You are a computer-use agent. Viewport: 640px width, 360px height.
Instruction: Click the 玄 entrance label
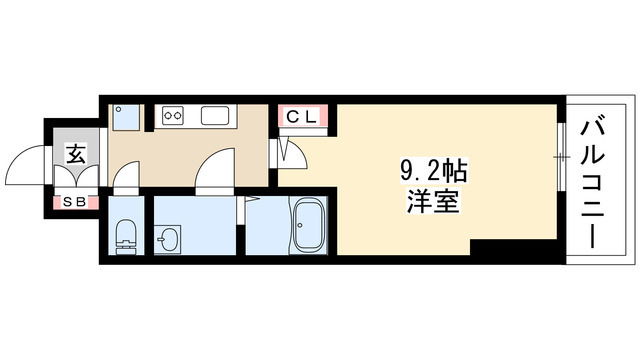pos(75,154)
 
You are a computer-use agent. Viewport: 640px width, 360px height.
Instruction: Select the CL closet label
pos(302,117)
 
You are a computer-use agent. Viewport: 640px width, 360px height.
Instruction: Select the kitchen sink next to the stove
pos(217,116)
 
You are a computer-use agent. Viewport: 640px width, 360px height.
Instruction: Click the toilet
pos(125,236)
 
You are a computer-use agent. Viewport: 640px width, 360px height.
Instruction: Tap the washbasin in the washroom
pos(168,240)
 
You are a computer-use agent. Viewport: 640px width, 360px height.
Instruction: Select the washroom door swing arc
pos(214,172)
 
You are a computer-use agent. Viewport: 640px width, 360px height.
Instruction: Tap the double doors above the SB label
pos(75,181)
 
